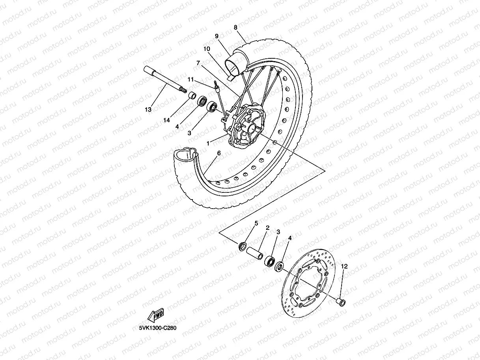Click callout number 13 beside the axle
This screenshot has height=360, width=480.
tap(148, 110)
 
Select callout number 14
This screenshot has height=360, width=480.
tap(167, 120)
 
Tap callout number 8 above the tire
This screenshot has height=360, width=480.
tap(235, 28)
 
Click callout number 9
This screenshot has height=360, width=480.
tap(217, 36)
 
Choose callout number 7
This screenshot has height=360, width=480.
tap(198, 62)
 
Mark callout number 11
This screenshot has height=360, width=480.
tap(191, 80)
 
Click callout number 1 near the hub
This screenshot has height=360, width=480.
tap(207, 144)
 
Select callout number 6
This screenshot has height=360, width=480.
tap(219, 153)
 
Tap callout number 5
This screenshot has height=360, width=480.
tap(256, 224)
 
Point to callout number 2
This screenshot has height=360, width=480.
tap(267, 228)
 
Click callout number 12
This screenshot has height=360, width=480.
tap(344, 267)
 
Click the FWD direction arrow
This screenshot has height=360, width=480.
tap(155, 315)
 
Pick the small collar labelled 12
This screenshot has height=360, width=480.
tap(340, 302)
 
